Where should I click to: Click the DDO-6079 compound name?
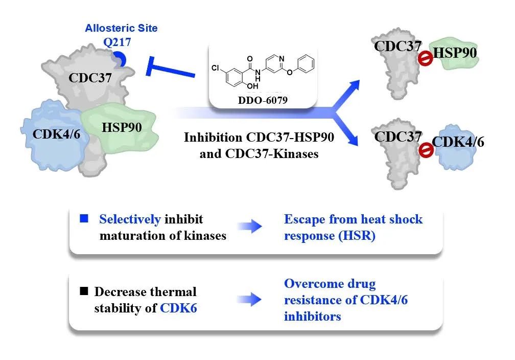click(263, 101)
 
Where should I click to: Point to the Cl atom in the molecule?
click(215, 68)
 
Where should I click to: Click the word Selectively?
click(130, 219)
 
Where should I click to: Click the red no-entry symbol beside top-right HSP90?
click(425, 59)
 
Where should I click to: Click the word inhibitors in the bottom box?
click(312, 316)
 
